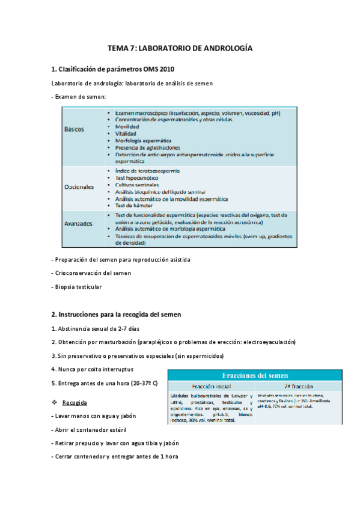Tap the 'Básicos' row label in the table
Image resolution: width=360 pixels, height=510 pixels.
[x=75, y=129]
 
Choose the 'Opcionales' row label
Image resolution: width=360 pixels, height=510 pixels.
[x=79, y=187]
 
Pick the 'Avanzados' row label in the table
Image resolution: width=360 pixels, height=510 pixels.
[x=79, y=224]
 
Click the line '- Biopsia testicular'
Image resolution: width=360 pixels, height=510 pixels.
[x=77, y=287]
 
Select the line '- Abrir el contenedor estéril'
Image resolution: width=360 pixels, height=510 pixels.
[x=93, y=430]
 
